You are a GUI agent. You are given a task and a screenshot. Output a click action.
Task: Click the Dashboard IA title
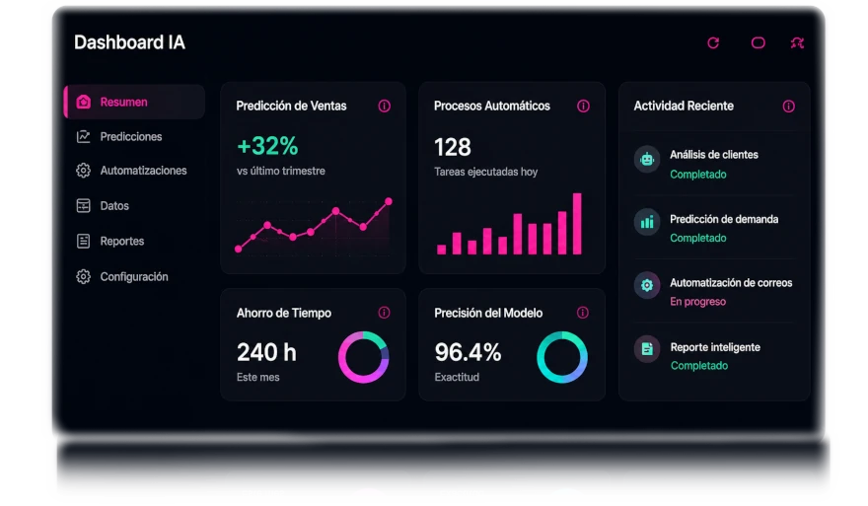point(129,42)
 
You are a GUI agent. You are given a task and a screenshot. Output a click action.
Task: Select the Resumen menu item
point(134,102)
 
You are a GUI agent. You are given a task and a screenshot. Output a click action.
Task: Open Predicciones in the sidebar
point(130,137)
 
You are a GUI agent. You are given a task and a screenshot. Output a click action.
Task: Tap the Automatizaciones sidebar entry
point(143,171)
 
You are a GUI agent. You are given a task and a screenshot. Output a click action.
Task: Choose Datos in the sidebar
point(114,206)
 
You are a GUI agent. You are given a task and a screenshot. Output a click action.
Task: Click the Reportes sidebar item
point(121,242)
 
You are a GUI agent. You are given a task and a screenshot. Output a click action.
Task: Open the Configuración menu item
point(133,277)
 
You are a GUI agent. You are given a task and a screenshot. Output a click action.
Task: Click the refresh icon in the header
point(713,42)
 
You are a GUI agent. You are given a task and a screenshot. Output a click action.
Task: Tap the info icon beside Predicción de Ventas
point(384,106)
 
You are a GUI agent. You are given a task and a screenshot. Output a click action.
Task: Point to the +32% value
point(267,146)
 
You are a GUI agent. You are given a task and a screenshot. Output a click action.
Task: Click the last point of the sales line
point(389,201)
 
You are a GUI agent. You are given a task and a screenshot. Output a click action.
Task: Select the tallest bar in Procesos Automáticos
point(577,224)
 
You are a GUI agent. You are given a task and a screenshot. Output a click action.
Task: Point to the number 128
point(453,147)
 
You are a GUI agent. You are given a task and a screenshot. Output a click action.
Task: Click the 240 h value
point(266,352)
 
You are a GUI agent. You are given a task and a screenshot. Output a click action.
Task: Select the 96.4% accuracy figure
point(468,352)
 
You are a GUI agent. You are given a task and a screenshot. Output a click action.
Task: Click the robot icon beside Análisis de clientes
point(647,160)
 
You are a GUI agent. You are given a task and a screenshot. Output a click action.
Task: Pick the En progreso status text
point(697,302)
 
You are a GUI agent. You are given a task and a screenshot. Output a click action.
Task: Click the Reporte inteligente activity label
point(715,347)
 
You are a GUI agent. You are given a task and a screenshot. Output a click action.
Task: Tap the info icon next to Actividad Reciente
point(788,107)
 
